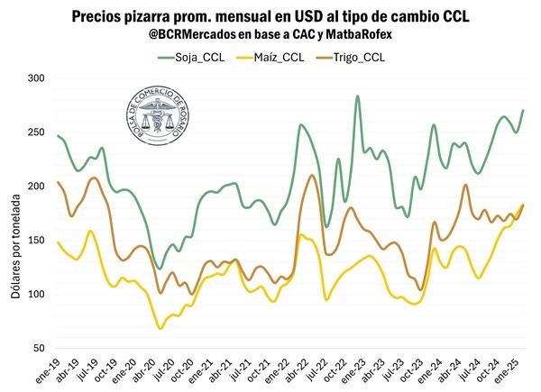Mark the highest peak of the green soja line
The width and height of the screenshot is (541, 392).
(x=358, y=96)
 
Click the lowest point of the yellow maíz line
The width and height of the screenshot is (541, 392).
(x=160, y=328)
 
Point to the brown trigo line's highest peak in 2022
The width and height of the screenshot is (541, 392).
(x=311, y=176)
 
